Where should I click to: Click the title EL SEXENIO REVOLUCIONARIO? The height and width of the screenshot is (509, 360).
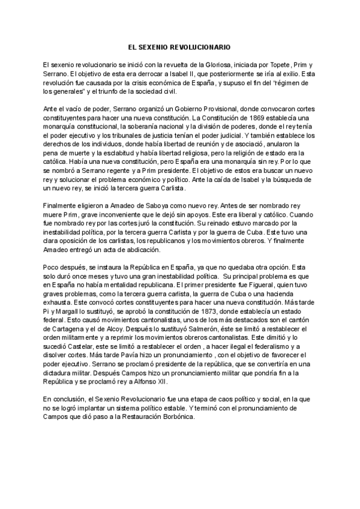coord(180,46)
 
